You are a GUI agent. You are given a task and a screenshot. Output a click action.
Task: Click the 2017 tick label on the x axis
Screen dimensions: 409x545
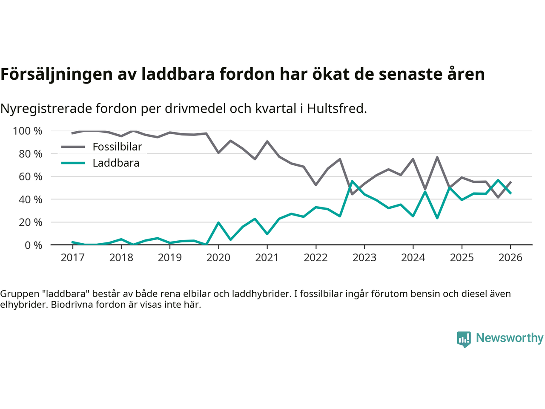[x=72, y=258]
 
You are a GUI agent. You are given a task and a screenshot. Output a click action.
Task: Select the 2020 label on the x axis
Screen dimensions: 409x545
[x=218, y=258]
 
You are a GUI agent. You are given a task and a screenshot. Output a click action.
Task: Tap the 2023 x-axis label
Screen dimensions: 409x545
[x=364, y=258]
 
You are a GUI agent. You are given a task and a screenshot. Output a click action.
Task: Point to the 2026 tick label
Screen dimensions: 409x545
[x=511, y=258]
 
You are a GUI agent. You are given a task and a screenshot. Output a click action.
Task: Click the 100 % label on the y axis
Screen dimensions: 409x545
[x=28, y=131]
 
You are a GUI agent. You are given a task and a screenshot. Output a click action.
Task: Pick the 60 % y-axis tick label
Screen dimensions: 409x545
[x=30, y=177]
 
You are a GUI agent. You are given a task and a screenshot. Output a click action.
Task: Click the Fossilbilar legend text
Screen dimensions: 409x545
[x=117, y=147]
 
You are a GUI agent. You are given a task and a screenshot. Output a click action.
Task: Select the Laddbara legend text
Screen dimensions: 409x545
[x=116, y=163]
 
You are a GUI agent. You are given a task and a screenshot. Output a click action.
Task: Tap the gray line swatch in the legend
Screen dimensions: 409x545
[x=73, y=147]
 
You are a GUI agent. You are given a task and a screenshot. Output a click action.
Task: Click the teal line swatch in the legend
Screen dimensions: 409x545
[x=73, y=163]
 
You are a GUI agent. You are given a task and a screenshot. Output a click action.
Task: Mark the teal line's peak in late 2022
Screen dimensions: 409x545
[x=352, y=181]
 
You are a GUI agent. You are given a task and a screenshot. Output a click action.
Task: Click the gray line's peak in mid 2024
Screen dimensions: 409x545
[x=437, y=157]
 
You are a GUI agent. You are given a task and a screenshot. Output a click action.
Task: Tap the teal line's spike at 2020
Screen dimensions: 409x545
[x=218, y=222]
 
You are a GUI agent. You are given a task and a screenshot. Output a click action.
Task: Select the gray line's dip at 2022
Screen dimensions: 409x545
[x=316, y=184]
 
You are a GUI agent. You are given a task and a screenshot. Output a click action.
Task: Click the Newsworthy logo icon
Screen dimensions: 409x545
[x=464, y=339]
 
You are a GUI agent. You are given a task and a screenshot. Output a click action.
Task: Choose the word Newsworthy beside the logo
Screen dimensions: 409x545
[x=510, y=338]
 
